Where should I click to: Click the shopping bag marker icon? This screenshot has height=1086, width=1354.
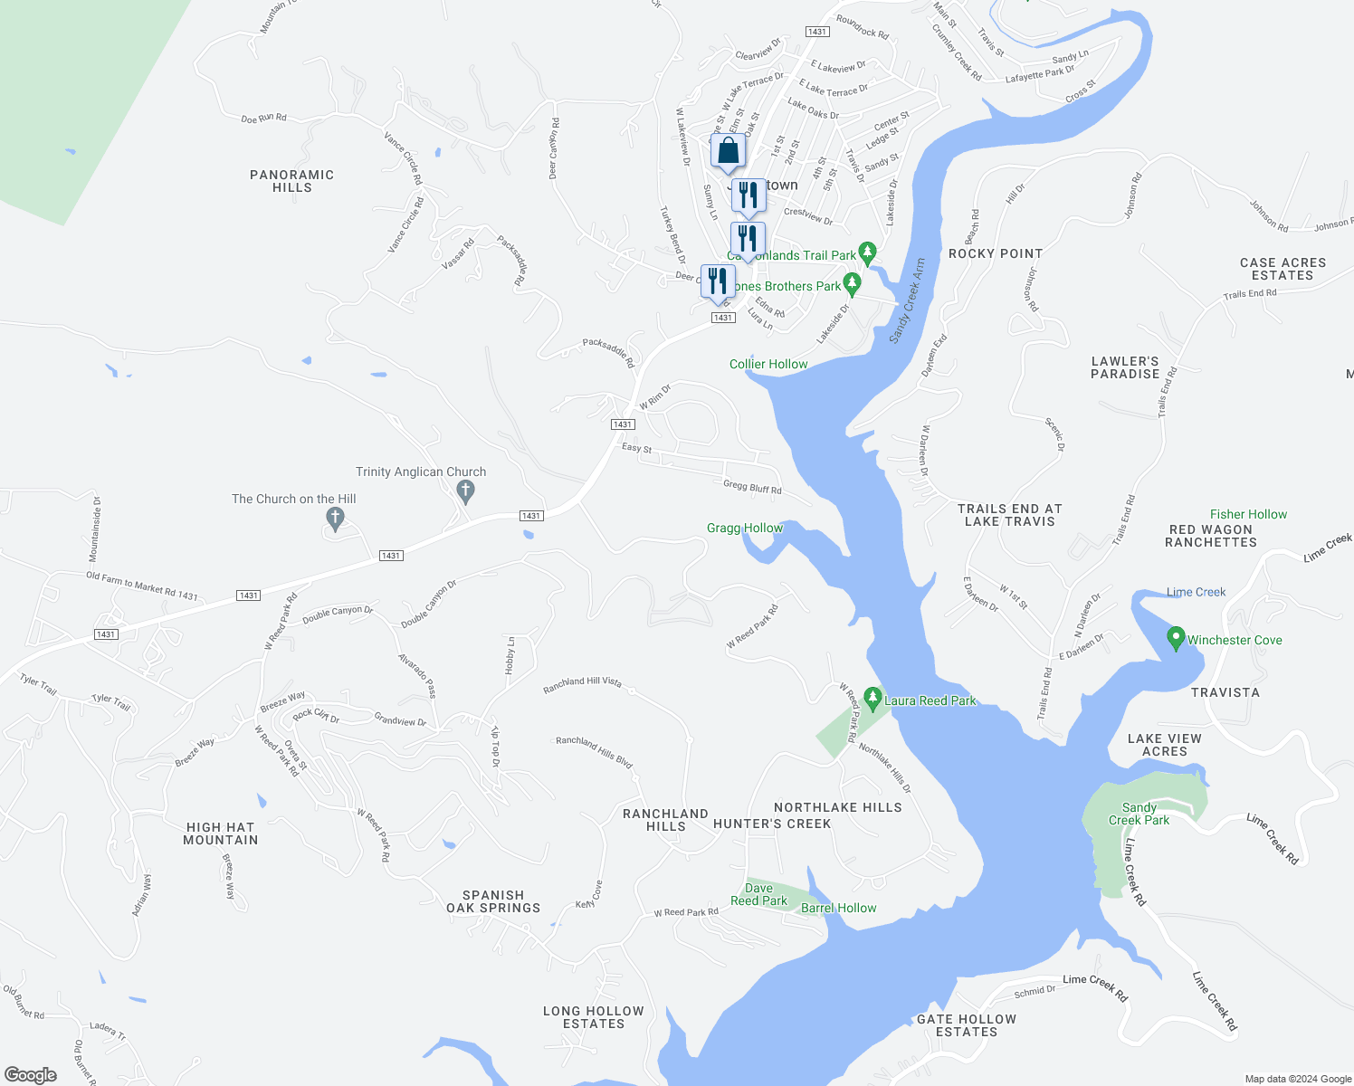(x=728, y=151)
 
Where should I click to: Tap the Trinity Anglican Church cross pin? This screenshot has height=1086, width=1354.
(x=465, y=491)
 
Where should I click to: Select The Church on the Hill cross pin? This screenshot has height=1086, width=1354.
(x=335, y=519)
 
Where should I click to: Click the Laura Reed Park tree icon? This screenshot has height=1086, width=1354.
(x=872, y=699)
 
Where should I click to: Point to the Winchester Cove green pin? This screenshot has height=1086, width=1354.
(x=1176, y=638)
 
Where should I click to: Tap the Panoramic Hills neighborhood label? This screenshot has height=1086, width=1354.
(x=291, y=181)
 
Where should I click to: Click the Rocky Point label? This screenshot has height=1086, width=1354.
(x=995, y=253)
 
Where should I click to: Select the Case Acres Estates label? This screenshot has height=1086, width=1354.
(x=1282, y=269)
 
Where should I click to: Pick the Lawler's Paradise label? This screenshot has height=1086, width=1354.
(x=1125, y=367)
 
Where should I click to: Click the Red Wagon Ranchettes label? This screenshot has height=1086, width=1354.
(x=1210, y=536)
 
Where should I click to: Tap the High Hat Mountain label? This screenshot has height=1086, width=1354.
(x=220, y=834)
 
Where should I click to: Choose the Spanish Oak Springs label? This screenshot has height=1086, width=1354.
(x=493, y=901)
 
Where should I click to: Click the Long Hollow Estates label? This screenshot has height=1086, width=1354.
(x=594, y=1017)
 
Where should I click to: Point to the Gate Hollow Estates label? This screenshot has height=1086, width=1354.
(x=967, y=1025)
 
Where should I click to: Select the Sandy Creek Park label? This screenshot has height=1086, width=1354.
(x=1139, y=814)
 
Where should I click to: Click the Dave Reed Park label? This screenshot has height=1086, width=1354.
(x=758, y=894)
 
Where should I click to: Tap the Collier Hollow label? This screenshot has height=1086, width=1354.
(x=768, y=364)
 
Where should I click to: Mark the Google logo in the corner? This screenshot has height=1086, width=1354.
(x=31, y=1074)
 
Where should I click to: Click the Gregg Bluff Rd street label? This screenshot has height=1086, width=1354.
(x=752, y=487)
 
